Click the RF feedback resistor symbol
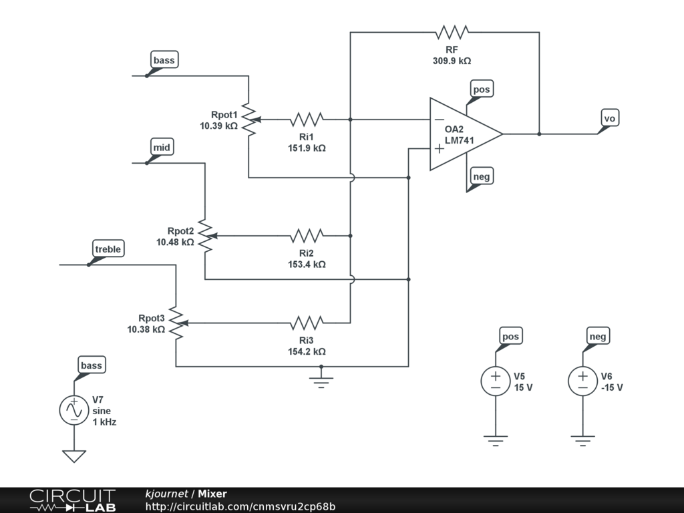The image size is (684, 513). click(452, 32)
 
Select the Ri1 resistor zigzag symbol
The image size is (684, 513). click(307, 119)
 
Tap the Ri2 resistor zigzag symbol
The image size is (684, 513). click(307, 236)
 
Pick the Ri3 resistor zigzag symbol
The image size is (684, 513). click(307, 323)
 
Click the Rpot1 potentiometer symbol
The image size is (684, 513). click(250, 119)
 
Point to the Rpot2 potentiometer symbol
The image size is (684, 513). click(206, 236)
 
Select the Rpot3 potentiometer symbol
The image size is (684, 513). click(177, 323)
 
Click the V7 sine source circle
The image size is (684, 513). click(74, 410)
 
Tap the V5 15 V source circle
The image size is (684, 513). click(496, 381)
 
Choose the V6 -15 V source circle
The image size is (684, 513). click(582, 381)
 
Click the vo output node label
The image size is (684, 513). click(609, 118)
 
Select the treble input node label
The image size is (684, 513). click(108, 249)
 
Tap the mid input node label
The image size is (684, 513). click(162, 148)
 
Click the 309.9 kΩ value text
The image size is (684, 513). click(452, 61)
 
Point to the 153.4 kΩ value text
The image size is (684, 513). click(307, 265)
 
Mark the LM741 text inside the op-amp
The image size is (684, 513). click(460, 140)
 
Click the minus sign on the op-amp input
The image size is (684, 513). click(440, 119)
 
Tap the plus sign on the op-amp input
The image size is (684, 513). click(440, 149)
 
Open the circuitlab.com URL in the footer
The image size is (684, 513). click(240, 506)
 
